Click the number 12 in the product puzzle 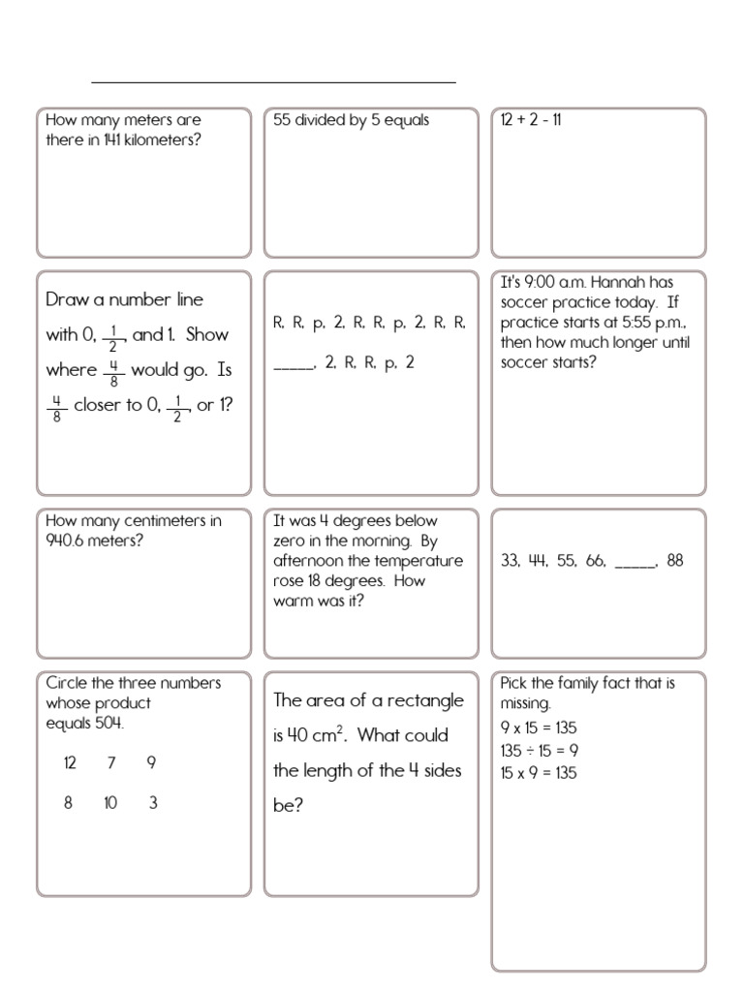click(x=70, y=762)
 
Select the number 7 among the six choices click(x=111, y=762)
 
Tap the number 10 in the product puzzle click(x=110, y=803)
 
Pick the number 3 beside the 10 click(x=153, y=803)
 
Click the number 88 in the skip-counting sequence click(x=675, y=560)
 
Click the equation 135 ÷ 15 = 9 click(x=539, y=751)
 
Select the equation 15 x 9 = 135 click(x=539, y=773)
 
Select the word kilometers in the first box click(x=160, y=140)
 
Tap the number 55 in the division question click(x=283, y=120)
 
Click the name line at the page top click(x=274, y=81)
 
